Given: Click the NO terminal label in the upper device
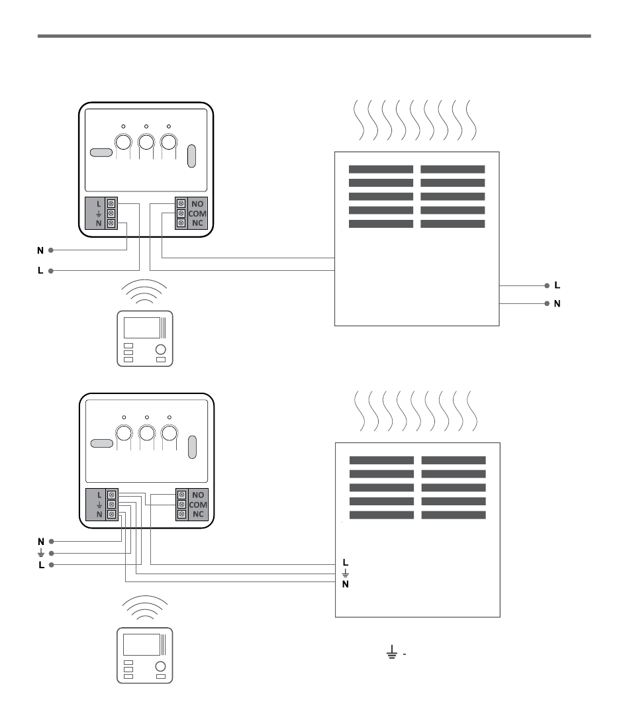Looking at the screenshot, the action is point(198,203).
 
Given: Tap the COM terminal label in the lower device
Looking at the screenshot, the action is point(198,505).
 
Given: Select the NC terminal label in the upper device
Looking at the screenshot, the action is point(198,224).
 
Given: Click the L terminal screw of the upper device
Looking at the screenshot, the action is point(111,202).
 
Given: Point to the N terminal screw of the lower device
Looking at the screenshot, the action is point(111,515).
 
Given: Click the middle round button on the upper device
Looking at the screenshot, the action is point(146,141).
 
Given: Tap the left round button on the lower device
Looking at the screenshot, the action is point(124,433).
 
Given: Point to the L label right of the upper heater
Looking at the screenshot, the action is point(557,285).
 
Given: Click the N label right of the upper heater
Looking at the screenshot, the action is point(557,303).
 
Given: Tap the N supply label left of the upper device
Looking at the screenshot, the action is point(40,250).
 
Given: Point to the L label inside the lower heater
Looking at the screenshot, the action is point(345,563).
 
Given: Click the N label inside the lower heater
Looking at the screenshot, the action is point(345,584).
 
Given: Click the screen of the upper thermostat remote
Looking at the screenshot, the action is point(142,328).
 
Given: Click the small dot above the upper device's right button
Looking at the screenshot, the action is point(168,125).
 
